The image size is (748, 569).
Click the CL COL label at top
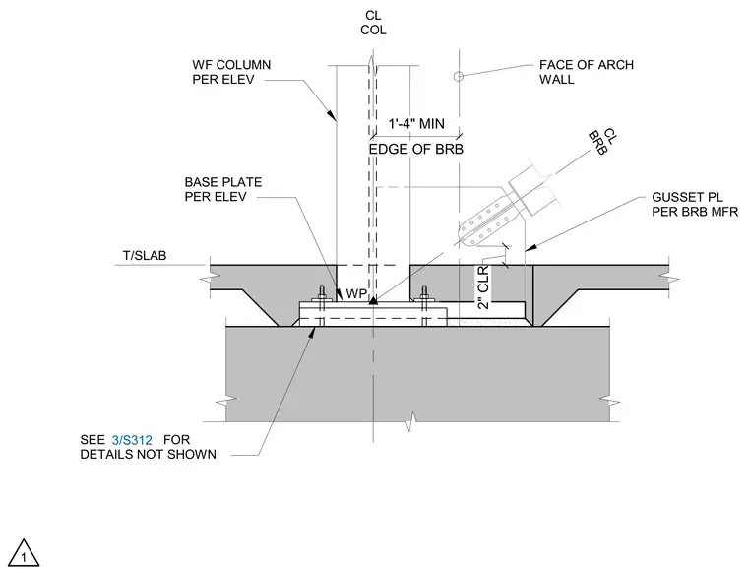pyautogui.click(x=373, y=23)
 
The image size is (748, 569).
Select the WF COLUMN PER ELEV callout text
pyautogui.click(x=231, y=72)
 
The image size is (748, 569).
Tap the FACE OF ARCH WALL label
pyautogui.click(x=587, y=72)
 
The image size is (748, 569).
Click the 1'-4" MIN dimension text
pyautogui.click(x=416, y=124)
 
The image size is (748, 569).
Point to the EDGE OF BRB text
pyautogui.click(x=416, y=150)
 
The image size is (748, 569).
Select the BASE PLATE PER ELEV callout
pyautogui.click(x=223, y=189)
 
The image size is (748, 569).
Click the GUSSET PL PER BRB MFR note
pyautogui.click(x=695, y=204)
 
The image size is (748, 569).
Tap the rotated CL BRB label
pyautogui.click(x=603, y=141)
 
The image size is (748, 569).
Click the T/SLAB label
pyautogui.click(x=145, y=256)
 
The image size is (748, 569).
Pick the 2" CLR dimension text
pyautogui.click(x=483, y=287)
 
